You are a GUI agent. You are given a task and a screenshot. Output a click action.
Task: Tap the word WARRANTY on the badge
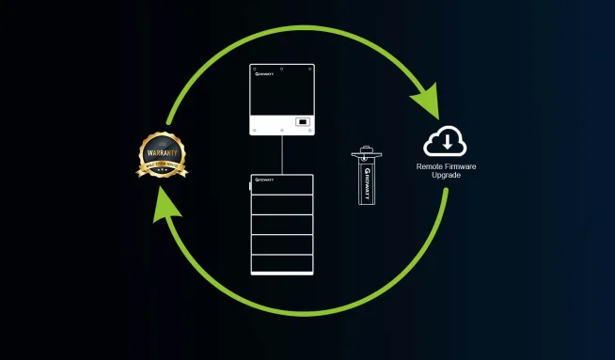tap(161, 152)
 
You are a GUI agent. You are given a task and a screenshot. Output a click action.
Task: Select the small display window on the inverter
tap(302, 121)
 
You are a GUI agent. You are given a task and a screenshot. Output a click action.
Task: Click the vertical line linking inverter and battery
tap(282, 155)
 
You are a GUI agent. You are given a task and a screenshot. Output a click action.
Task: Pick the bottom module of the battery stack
tap(282, 262)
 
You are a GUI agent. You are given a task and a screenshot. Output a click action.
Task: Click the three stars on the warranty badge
tap(162, 177)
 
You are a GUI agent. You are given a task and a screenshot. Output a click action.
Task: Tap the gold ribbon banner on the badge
tap(162, 168)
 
